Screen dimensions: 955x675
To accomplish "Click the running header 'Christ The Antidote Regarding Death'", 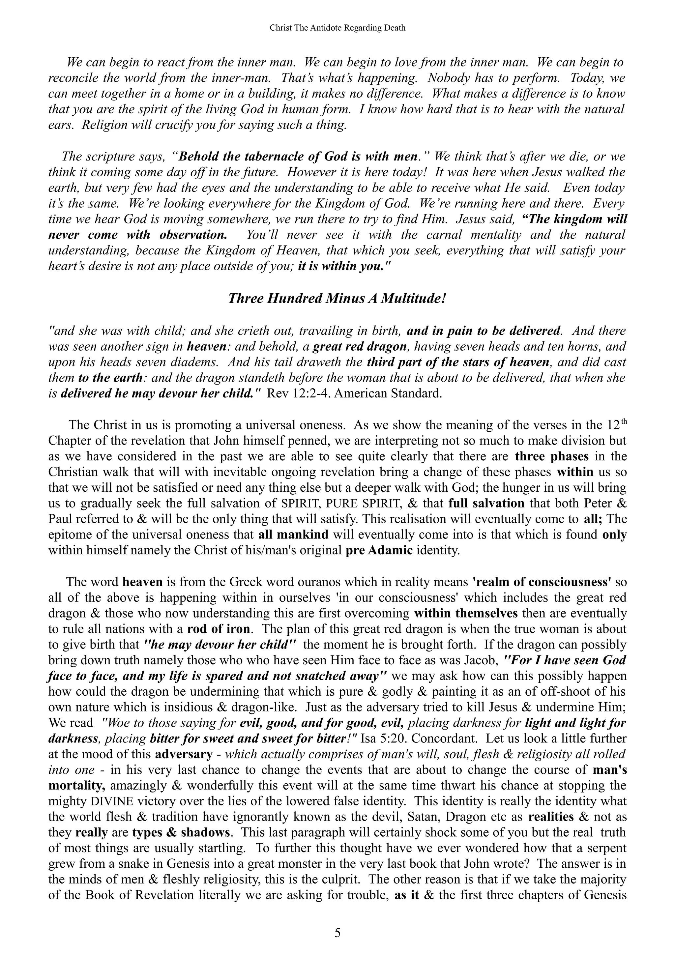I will point(337,28).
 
